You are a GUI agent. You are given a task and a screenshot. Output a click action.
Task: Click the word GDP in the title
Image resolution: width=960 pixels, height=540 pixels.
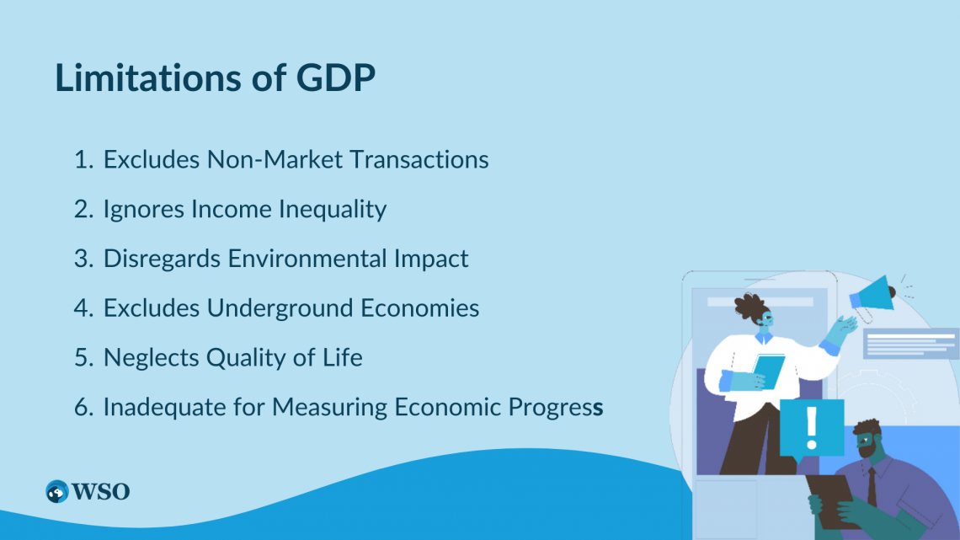[335, 78]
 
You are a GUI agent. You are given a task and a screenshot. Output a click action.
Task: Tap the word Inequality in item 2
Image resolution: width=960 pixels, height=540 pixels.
[333, 210]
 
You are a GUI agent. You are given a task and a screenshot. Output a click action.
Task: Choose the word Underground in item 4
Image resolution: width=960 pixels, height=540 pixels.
[280, 308]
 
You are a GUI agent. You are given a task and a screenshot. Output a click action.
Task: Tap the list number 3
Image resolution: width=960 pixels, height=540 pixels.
[83, 259]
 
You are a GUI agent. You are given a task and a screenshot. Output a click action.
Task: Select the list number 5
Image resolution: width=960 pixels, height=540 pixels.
[83, 357]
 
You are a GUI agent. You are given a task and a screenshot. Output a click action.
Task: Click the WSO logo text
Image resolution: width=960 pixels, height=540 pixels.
[100, 492]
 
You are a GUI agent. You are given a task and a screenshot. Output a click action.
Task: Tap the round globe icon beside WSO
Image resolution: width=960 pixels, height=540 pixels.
[57, 492]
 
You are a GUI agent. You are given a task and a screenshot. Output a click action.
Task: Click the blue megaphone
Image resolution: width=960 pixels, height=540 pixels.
[872, 297]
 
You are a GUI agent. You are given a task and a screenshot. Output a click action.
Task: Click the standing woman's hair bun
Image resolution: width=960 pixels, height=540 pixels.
[749, 306]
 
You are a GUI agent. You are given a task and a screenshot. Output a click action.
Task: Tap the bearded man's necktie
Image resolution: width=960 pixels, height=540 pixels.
[872, 488]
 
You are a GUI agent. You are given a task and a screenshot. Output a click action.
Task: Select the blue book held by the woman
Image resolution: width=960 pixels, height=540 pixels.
[768, 371]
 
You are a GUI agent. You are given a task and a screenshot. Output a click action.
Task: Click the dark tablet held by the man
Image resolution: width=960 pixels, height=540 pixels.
[831, 499]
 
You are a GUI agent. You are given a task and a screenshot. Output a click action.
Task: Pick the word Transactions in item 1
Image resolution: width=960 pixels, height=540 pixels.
[419, 160]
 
